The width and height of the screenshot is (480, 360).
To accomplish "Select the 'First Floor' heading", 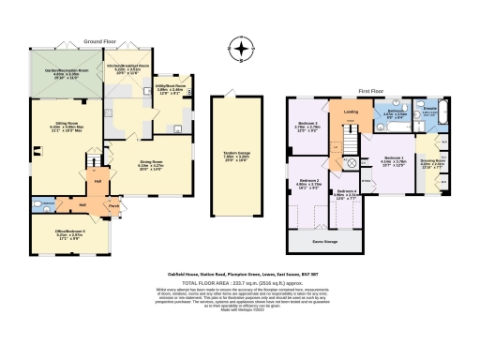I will coord(372,90).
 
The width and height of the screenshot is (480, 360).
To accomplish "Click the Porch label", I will coord(113,206).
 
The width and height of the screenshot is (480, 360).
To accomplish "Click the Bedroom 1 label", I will coord(394,158).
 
